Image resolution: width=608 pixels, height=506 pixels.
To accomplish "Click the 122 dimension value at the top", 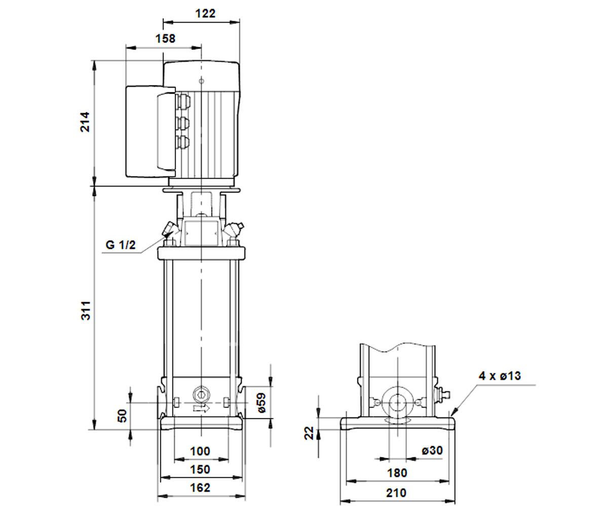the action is (x=205, y=13).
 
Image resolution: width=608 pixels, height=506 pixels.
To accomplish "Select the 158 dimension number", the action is (x=165, y=38).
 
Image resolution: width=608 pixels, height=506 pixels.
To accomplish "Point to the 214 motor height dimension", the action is (x=85, y=122).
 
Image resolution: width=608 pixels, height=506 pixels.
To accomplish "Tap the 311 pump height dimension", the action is (x=86, y=311).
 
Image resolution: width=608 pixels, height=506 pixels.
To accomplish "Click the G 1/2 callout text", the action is (x=121, y=245).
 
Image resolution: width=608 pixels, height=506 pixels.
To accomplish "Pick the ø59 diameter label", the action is (x=262, y=402).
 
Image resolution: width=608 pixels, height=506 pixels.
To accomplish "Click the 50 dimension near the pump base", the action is (x=123, y=416).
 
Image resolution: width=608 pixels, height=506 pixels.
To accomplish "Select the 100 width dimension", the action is (x=200, y=451).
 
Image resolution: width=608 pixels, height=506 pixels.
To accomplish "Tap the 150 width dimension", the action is (x=200, y=470).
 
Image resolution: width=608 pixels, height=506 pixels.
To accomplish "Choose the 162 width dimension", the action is (x=200, y=488).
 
